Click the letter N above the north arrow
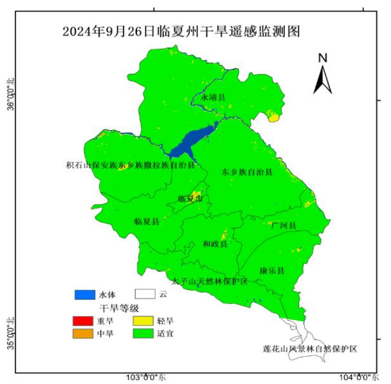click(323, 58)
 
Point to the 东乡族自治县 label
click(247, 172)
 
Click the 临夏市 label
click(190, 199)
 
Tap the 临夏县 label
click(146, 220)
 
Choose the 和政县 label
click(215, 244)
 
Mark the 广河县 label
click(283, 225)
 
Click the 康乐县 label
click(272, 270)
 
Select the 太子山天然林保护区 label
click(213, 281)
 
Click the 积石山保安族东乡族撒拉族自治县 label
click(131, 165)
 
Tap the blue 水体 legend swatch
click(84, 294)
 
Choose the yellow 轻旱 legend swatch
click(145, 321)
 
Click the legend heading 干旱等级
click(120, 308)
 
